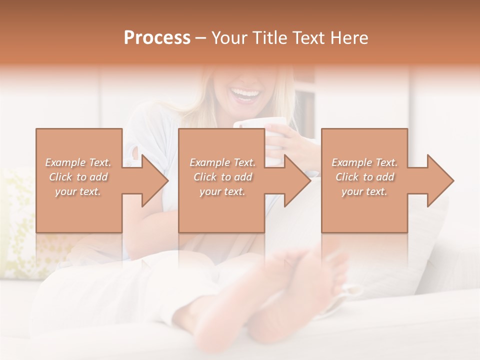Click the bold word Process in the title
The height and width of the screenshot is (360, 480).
[x=157, y=37]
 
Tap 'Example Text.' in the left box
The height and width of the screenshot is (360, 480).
[x=78, y=162]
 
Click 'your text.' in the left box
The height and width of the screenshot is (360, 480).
[x=78, y=191]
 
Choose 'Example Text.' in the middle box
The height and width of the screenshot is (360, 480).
[x=222, y=162]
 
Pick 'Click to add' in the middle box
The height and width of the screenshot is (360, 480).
[x=222, y=177]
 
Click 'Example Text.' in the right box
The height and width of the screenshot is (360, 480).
[x=365, y=162]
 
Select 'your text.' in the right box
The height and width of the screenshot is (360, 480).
[x=365, y=191]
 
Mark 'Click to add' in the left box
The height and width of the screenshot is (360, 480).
[x=78, y=177]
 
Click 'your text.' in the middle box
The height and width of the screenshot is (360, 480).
[x=222, y=191]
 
